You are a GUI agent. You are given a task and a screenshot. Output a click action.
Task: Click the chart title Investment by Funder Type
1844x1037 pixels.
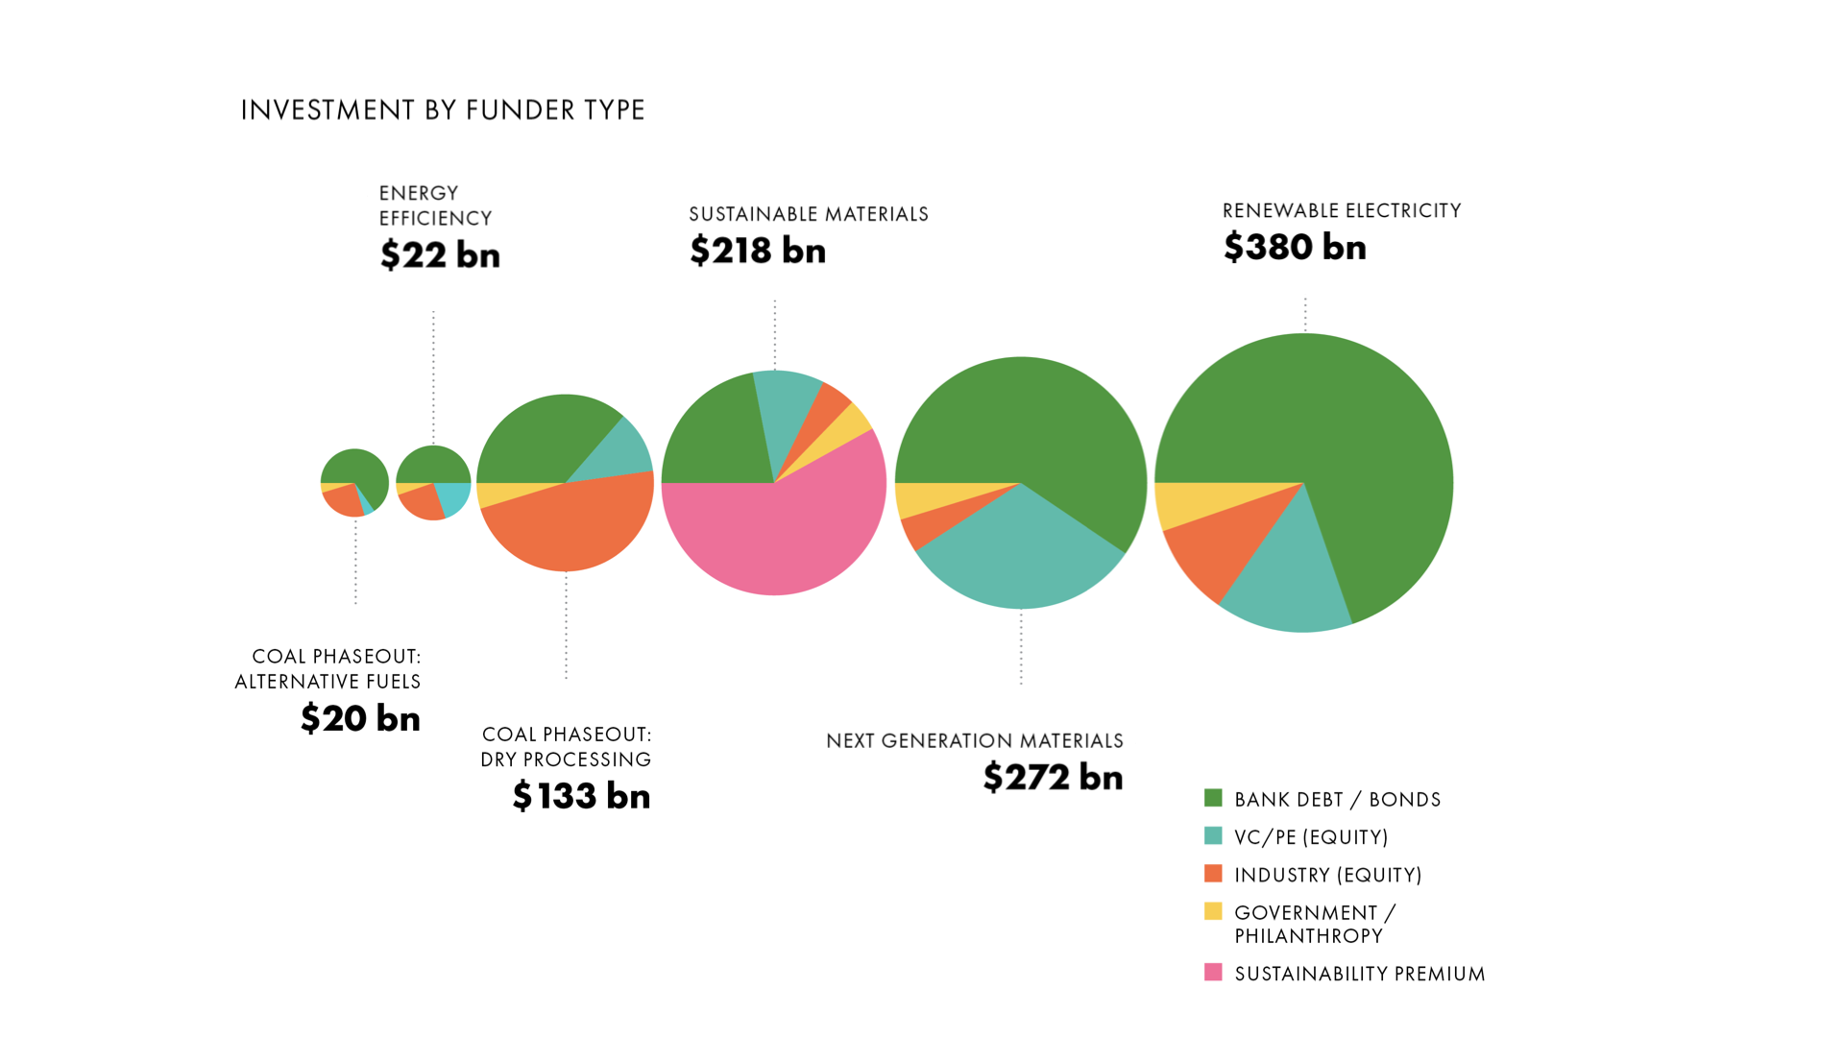(442, 110)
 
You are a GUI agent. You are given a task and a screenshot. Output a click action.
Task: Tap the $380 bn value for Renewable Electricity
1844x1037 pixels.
(1294, 248)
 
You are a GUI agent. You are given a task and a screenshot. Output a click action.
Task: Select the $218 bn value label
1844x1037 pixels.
(757, 251)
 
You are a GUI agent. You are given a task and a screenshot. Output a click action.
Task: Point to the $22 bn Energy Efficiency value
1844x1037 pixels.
(440, 255)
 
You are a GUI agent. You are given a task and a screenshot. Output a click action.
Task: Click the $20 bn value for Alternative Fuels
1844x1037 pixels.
(360, 718)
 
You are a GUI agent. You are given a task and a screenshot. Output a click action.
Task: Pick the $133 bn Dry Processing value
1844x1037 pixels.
(581, 796)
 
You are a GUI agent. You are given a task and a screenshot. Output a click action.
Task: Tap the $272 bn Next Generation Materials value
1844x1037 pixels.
(1053, 777)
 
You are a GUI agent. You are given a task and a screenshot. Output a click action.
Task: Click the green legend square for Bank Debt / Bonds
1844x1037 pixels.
(1213, 798)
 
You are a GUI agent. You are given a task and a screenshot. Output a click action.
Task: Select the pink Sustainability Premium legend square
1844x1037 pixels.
(1213, 972)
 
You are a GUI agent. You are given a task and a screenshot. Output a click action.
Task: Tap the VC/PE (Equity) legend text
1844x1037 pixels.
(1311, 837)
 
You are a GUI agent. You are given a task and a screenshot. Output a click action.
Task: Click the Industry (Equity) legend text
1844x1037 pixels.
(1327, 875)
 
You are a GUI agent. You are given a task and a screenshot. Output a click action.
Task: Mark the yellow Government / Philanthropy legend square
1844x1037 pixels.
(1213, 911)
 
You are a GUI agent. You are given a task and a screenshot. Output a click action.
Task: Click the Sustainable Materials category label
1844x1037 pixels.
(808, 214)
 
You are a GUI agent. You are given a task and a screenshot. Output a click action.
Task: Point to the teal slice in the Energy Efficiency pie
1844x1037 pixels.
(454, 497)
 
